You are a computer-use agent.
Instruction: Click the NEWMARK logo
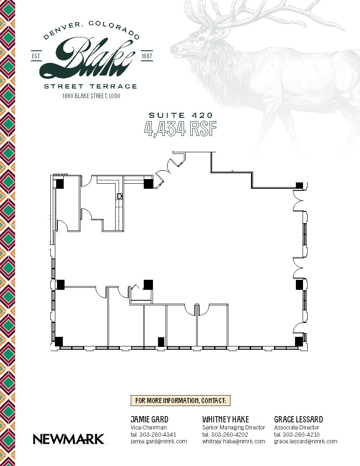pos(68,439)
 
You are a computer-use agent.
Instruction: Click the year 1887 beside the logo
pos(147,56)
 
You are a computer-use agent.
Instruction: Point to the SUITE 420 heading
pos(180,115)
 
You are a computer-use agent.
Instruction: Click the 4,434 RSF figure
pos(180,129)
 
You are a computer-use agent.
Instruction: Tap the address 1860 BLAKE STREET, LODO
pos(91,96)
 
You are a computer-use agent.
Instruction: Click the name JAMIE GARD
pos(150,419)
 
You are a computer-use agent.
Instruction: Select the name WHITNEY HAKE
pos(225,419)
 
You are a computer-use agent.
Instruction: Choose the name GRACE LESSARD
pos(298,419)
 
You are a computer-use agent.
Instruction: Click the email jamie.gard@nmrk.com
pos(158,441)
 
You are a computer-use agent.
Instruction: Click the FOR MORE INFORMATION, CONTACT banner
pos(181,401)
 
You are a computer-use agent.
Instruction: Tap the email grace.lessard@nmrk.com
pos(306,441)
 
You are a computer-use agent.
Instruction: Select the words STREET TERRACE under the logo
pos(91,86)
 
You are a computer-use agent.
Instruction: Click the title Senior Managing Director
pos(233,427)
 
